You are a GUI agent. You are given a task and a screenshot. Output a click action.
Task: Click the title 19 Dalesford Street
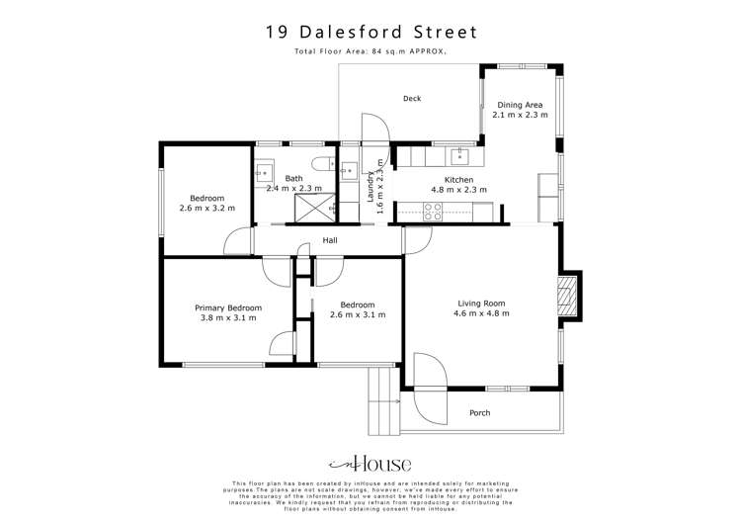[370, 32]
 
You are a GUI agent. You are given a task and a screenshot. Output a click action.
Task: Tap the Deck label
[412, 98]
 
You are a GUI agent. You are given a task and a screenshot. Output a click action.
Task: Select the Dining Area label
[520, 105]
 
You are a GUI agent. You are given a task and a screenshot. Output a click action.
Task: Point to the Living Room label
[481, 304]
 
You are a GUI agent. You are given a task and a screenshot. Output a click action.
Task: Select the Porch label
[480, 412]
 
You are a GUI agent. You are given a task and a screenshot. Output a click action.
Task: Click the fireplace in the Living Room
[566, 298]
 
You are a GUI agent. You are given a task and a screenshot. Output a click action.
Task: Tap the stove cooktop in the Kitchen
[433, 210]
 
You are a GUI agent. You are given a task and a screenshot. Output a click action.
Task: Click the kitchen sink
[459, 154]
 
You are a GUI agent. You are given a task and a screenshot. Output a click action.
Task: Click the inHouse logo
[370, 464]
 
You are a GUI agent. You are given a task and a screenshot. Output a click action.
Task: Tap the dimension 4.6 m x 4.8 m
[481, 314]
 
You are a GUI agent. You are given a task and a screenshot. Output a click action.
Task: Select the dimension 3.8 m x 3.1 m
[228, 318]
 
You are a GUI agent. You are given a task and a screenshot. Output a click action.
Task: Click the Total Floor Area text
[370, 50]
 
